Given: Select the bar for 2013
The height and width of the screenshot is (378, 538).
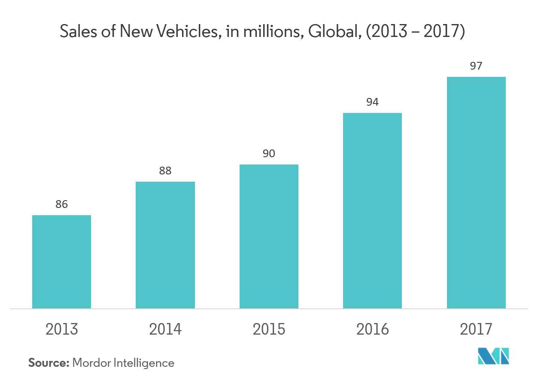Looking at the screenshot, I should coord(61,262).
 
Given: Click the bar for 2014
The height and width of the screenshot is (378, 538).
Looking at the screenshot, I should coord(165,245).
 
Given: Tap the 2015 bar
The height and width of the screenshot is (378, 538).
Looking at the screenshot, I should coord(269,236).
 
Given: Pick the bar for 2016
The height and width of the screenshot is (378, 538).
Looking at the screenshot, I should coord(372,210).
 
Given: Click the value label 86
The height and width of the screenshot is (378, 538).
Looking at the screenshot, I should coord(61,204).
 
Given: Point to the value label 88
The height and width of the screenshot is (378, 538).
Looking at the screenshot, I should coord(165,171).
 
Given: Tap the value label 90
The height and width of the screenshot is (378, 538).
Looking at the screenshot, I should coord(269,153).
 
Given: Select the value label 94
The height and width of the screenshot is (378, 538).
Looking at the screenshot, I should coord(372,102).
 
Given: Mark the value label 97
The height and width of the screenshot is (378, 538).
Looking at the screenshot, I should coord(476,66).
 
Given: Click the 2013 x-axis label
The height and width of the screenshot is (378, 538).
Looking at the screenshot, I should coord(62,329).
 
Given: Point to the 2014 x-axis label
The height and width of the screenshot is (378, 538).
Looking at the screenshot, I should coord(165,329).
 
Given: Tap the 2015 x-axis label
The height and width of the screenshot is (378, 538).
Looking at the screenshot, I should coord(269,329).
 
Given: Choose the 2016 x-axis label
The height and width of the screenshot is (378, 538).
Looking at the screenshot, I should coord(372,329).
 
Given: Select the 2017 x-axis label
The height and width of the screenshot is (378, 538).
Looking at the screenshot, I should coord(476,329).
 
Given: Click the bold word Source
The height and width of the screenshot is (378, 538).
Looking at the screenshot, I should coord(49,363).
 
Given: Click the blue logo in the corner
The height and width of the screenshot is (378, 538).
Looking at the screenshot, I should coord(493,356).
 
